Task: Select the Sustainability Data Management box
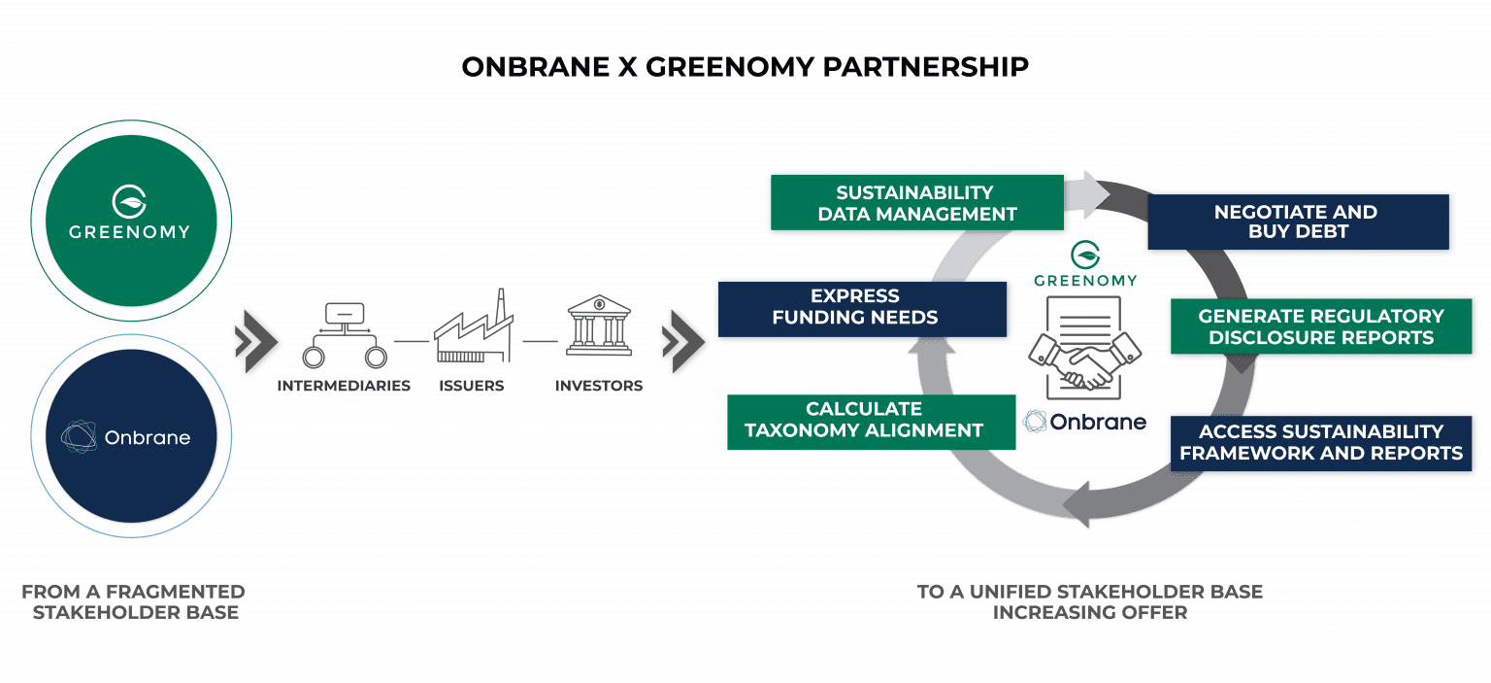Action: [916, 203]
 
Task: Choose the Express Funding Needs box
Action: [854, 306]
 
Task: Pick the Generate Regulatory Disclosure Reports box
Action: [1320, 326]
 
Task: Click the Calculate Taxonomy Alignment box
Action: [864, 420]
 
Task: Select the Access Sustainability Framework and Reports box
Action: [1320, 442]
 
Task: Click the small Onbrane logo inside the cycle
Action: [1085, 422]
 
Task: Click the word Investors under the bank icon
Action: [599, 386]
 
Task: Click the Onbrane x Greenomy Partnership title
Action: [745, 66]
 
